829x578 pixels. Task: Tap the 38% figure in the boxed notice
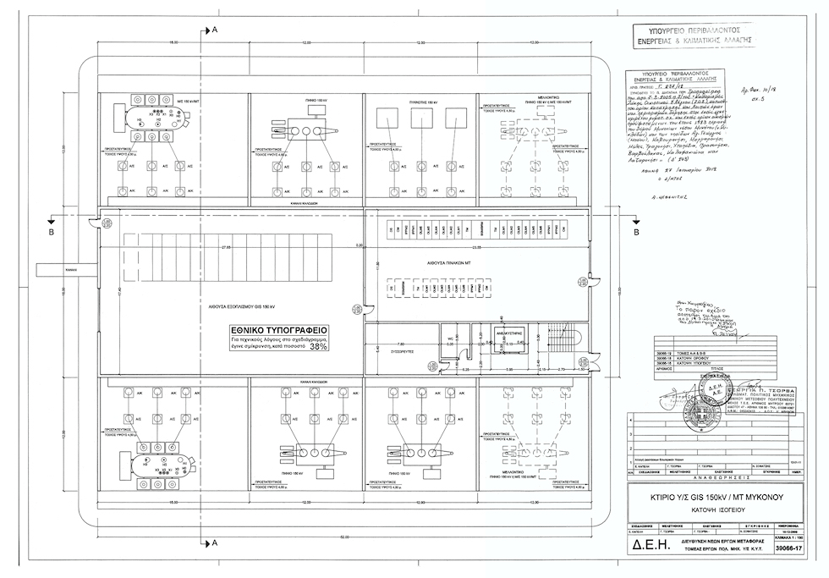[x=318, y=346]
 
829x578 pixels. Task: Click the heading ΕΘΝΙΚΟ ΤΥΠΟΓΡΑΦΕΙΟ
[x=280, y=329]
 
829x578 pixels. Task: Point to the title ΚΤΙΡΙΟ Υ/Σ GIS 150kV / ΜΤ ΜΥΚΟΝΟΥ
[x=704, y=497]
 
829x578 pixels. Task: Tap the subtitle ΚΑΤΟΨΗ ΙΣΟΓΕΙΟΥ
[x=704, y=511]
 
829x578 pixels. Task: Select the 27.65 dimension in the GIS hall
[x=226, y=247]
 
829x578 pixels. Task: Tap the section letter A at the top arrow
[x=215, y=30]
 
